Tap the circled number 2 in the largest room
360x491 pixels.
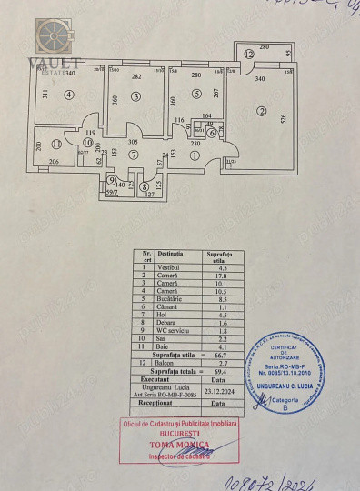click(263, 111)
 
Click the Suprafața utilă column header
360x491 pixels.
click(219, 256)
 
